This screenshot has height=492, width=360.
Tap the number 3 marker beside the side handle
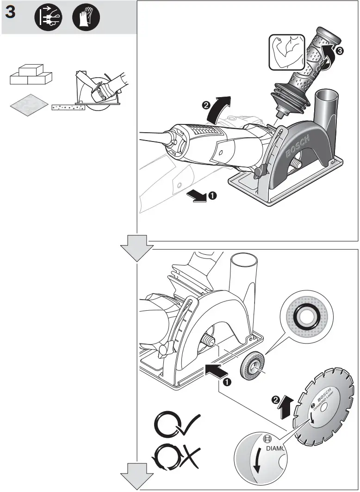tap(340, 52)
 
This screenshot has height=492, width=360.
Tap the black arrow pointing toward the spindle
tap(217, 369)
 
